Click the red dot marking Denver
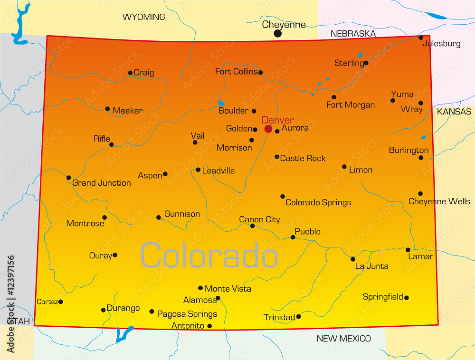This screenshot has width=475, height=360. [268, 129]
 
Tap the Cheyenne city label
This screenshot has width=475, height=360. [284, 24]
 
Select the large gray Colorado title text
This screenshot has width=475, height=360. [209, 256]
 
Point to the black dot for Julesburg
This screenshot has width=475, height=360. [421, 38]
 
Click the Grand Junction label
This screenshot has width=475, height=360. [102, 183]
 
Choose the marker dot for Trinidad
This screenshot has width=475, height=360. [298, 316]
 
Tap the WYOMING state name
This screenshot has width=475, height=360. [144, 17]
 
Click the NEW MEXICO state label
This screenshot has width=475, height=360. [343, 339]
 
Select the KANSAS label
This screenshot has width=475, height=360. [454, 112]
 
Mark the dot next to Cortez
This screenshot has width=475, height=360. [60, 302]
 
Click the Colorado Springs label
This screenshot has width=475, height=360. [318, 203]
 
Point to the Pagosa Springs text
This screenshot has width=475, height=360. [187, 314]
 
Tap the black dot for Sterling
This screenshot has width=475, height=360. [366, 63]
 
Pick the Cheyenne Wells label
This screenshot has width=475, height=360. [439, 202]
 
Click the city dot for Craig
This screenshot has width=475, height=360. [130, 73]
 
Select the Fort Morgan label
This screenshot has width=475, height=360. [351, 105]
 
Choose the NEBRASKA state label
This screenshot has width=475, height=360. [353, 34]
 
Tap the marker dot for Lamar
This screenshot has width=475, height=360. [408, 250]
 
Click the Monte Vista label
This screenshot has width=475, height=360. [228, 289]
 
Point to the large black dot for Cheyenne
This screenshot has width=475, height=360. [278, 34]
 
